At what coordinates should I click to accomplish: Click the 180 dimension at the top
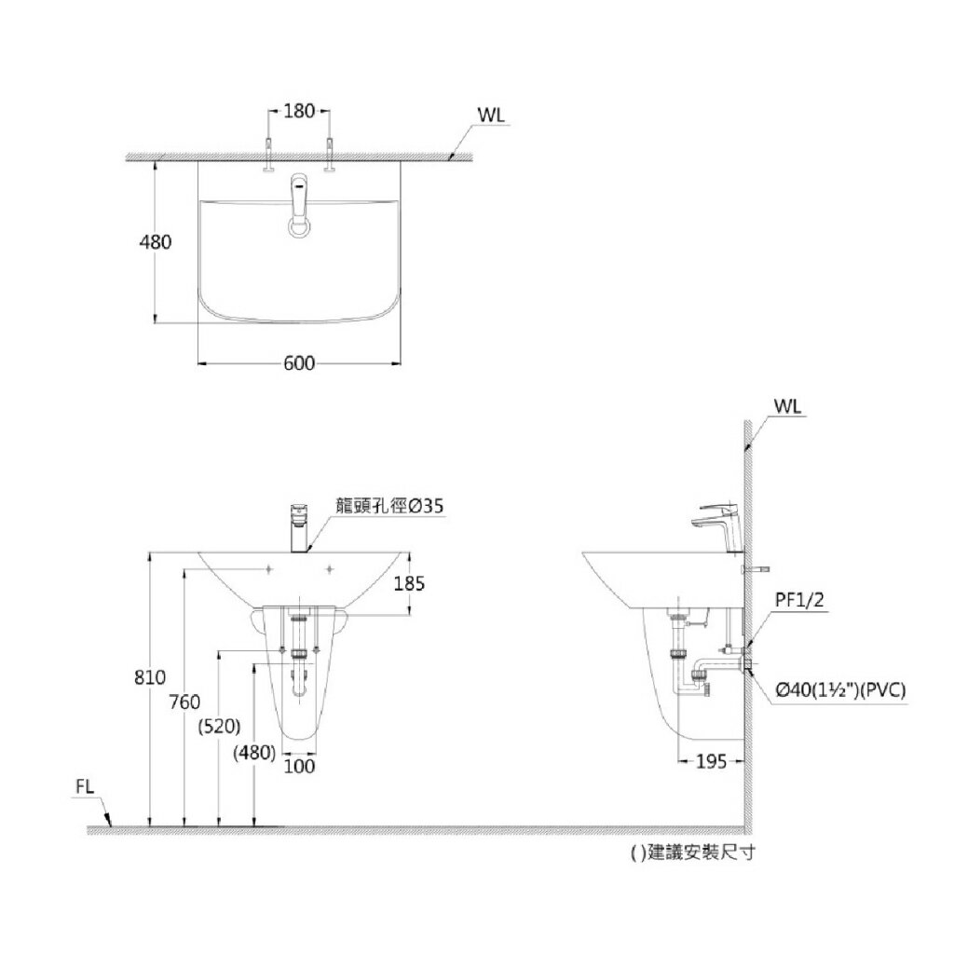[x=297, y=111]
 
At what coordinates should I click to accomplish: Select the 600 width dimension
[x=298, y=363]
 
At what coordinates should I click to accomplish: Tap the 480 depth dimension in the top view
[x=155, y=242]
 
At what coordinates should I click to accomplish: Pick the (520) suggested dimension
[x=221, y=726]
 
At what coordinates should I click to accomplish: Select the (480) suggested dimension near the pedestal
[x=254, y=753]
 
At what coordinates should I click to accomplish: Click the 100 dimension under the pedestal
[x=299, y=766]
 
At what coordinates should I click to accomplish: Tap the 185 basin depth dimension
[x=409, y=583]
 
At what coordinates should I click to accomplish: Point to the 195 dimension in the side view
[x=712, y=762]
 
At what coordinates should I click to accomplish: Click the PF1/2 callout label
[x=799, y=601]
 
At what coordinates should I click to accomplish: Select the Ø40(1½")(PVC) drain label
[x=839, y=689]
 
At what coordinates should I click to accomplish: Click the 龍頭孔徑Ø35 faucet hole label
[x=390, y=506]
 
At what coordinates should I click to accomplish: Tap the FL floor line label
[x=85, y=787]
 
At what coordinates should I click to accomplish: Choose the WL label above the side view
[x=788, y=407]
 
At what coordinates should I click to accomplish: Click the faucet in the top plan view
[x=299, y=205]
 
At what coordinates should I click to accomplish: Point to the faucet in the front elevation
[x=299, y=527]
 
